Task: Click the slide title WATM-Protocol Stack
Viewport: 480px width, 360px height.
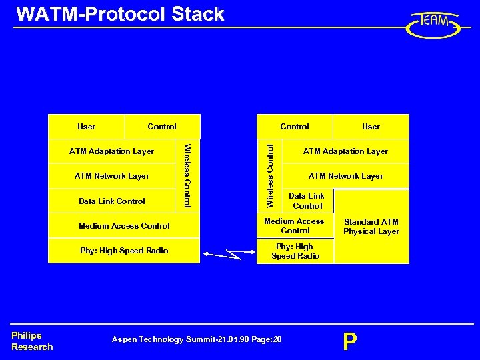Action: [120, 15]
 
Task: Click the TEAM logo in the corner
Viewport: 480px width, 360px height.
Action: [433, 25]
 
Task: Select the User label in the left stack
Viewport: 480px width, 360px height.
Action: [86, 126]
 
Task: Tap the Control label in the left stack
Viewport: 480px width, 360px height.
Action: [162, 126]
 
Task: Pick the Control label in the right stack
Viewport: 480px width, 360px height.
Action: [295, 126]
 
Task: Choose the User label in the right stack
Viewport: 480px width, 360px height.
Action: [371, 126]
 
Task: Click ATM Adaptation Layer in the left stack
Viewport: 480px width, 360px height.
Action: [111, 151]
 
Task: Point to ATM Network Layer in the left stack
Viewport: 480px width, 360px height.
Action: [112, 176]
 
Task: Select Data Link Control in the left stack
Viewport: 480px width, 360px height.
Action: [112, 201]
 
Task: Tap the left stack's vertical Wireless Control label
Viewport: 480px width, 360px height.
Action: [188, 175]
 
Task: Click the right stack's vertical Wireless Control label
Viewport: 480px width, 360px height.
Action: [270, 175]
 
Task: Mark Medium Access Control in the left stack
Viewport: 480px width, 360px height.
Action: [124, 225]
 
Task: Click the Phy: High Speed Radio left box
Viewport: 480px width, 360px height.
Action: [124, 251]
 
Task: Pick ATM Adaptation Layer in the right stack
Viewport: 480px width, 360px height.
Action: [345, 151]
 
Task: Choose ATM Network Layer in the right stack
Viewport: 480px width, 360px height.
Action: [345, 176]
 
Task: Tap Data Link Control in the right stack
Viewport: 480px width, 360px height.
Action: [307, 201]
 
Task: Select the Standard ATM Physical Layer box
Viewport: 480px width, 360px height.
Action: [371, 226]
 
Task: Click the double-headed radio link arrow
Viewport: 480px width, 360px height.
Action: [231, 254]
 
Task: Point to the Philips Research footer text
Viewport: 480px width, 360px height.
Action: [32, 341]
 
